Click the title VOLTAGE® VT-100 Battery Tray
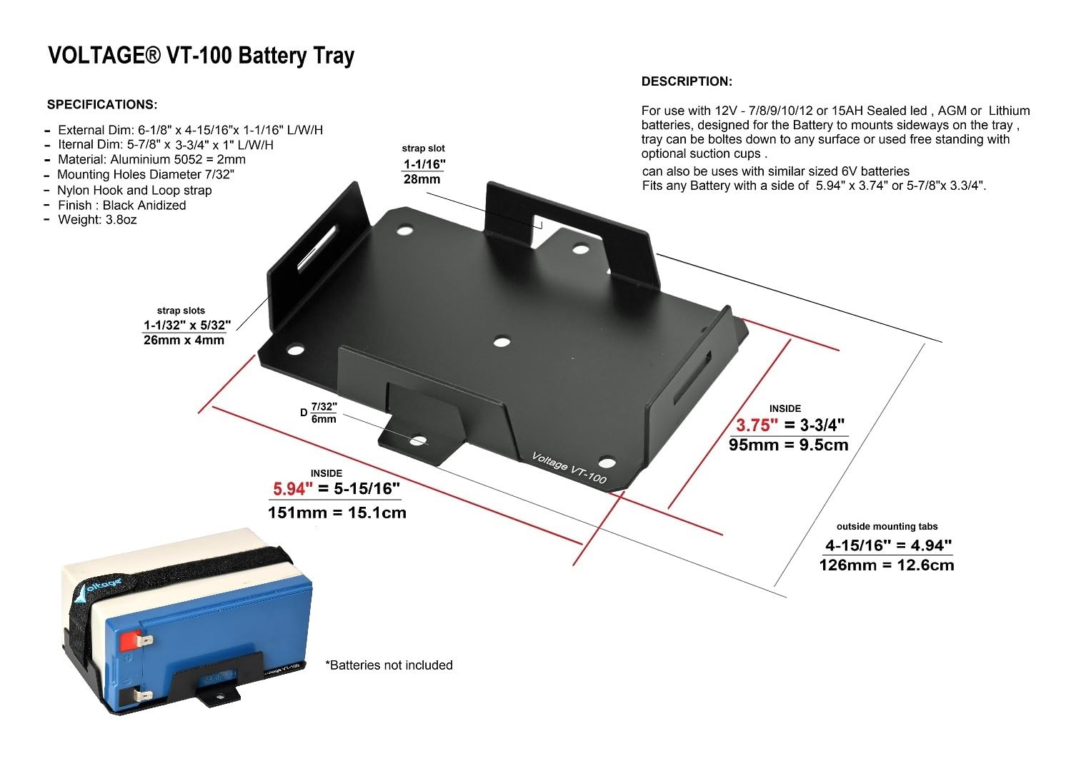click(x=201, y=56)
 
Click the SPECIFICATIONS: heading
click(x=102, y=105)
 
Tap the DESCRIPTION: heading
click(x=687, y=81)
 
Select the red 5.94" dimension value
click(x=293, y=490)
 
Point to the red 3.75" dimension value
click(x=757, y=425)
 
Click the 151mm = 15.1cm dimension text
click(x=337, y=513)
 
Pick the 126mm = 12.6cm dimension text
click(x=886, y=565)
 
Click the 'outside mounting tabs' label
click(x=887, y=527)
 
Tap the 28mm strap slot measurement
click(x=422, y=179)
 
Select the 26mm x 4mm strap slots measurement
click(x=184, y=341)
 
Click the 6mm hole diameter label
click(x=323, y=419)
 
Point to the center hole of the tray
click(x=502, y=342)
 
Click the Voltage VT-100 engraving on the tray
click(x=569, y=468)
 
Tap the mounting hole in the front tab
click(x=419, y=440)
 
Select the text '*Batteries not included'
click(x=389, y=665)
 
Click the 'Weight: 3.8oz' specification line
click(x=97, y=220)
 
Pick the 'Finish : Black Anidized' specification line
click(x=121, y=206)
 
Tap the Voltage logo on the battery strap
click(x=104, y=586)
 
